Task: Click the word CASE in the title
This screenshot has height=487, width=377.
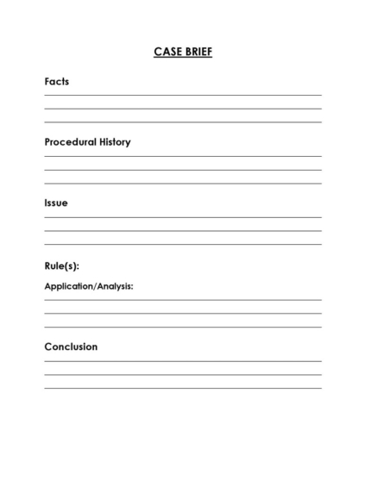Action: click(x=166, y=52)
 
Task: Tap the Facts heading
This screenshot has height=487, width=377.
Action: click(x=57, y=82)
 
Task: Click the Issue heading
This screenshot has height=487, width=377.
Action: click(x=56, y=203)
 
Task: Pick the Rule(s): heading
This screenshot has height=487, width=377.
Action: click(x=62, y=265)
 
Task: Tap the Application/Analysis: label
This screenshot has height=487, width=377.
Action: click(x=89, y=286)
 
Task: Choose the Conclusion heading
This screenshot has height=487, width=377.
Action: click(x=71, y=347)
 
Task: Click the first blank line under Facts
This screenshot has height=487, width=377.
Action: click(x=183, y=95)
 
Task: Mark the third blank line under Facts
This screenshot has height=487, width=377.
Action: click(x=183, y=122)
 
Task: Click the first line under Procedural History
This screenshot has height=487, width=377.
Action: click(x=183, y=156)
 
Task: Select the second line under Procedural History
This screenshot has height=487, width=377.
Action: click(x=183, y=170)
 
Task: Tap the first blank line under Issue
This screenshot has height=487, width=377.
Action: click(x=183, y=217)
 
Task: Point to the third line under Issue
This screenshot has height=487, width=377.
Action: click(x=183, y=245)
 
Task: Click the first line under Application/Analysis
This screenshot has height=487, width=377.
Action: click(x=183, y=300)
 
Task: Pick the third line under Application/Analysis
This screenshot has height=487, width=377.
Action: click(x=183, y=328)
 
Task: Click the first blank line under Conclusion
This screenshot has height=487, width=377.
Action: click(x=183, y=361)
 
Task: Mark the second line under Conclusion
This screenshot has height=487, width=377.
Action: click(x=183, y=375)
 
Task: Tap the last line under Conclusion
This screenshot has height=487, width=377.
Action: click(x=183, y=389)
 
